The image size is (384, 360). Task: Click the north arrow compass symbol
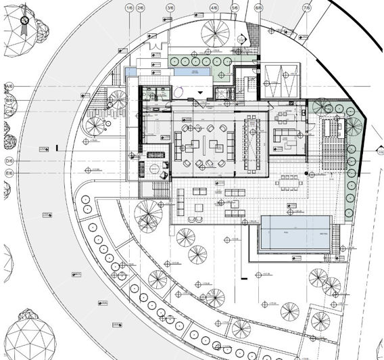pos(24,22)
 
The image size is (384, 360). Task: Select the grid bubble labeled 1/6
pos(128,7)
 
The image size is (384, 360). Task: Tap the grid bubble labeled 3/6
pos(170,7)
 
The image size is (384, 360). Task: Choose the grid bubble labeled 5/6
pos(235,7)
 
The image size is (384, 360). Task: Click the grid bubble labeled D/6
pos(9,161)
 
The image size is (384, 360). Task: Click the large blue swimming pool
pos(295,233)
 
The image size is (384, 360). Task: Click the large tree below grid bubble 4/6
pos(216,30)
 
